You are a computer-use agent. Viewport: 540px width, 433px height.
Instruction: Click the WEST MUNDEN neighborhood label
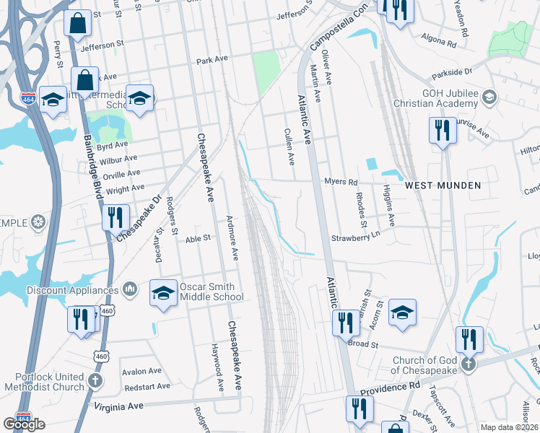tap(443, 185)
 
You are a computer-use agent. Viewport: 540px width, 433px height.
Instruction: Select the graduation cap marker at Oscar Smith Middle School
tap(163, 293)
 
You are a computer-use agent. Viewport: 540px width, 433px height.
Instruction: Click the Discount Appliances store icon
tap(130, 289)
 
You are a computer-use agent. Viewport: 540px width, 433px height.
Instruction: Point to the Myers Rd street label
tap(341, 182)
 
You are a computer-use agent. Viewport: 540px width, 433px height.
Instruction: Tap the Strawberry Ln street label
tap(355, 237)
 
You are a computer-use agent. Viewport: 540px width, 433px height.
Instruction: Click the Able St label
tap(197, 237)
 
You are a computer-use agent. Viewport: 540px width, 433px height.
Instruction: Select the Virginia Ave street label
tap(120, 406)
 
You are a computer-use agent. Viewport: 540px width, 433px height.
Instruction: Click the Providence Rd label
tap(391, 388)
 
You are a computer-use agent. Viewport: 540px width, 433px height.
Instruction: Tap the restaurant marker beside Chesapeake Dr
tap(116, 215)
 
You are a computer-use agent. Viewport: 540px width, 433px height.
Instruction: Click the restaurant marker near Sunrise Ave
tap(440, 131)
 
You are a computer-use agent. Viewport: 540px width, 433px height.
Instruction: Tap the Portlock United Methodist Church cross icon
tap(95, 380)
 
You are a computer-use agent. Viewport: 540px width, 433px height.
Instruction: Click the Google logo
tap(24, 424)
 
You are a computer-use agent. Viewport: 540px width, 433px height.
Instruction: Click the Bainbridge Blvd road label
tap(90, 169)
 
